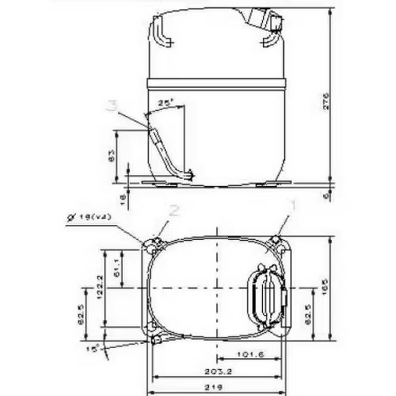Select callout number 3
tap(113, 105)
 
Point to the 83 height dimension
tap(111, 156)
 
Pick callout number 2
tap(174, 210)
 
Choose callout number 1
tap(293, 206)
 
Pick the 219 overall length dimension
tap(218, 386)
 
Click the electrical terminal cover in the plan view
tap(267, 295)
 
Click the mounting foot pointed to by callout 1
tap(276, 241)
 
